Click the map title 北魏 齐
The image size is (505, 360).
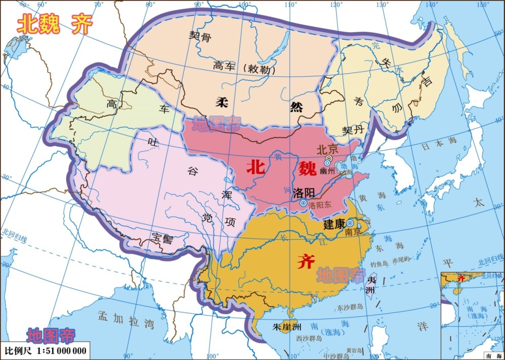55,24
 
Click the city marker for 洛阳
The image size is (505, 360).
303,203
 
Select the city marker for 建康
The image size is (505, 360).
349,223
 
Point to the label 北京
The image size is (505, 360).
326,150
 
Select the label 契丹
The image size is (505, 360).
353,130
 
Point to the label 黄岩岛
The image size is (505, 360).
356,350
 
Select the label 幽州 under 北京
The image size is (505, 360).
327,171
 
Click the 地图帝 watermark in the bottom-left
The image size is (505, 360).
51,335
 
